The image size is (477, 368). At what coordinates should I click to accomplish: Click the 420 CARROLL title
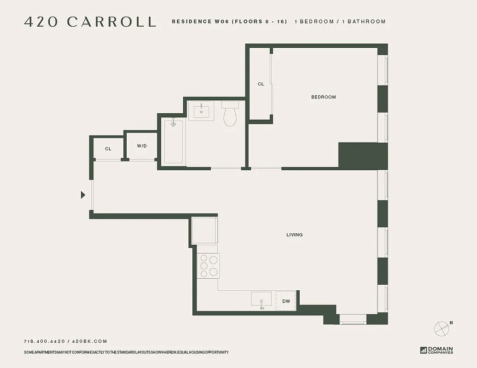pyautogui.click(x=90, y=22)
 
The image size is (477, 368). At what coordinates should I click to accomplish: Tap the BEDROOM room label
pyautogui.click(x=323, y=97)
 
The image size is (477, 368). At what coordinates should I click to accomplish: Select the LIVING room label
pyautogui.click(x=294, y=235)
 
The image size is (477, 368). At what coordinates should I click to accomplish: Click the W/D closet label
pyautogui.click(x=142, y=146)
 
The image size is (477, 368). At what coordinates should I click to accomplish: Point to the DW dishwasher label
pyautogui.click(x=286, y=301)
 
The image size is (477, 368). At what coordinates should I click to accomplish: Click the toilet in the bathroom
pyautogui.click(x=230, y=115)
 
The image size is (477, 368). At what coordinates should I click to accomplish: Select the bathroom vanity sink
pyautogui.click(x=201, y=111)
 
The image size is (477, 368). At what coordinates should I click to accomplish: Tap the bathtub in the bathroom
pyautogui.click(x=174, y=141)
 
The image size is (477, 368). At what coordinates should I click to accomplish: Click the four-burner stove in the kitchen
pyautogui.click(x=209, y=266)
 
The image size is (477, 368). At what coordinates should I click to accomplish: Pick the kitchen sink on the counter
pyautogui.click(x=261, y=299)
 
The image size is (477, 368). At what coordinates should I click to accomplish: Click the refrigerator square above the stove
pyautogui.click(x=204, y=230)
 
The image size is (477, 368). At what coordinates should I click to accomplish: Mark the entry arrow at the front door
pyautogui.click(x=83, y=195)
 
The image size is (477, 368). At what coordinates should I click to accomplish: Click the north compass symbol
pyautogui.click(x=442, y=328)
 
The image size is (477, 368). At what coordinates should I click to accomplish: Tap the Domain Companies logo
pyautogui.click(x=436, y=350)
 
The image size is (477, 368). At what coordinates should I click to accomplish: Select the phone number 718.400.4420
pyautogui.click(x=45, y=341)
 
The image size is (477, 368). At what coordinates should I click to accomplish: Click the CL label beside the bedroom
pyautogui.click(x=261, y=84)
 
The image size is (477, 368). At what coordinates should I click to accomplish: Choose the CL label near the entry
pyautogui.click(x=108, y=149)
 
